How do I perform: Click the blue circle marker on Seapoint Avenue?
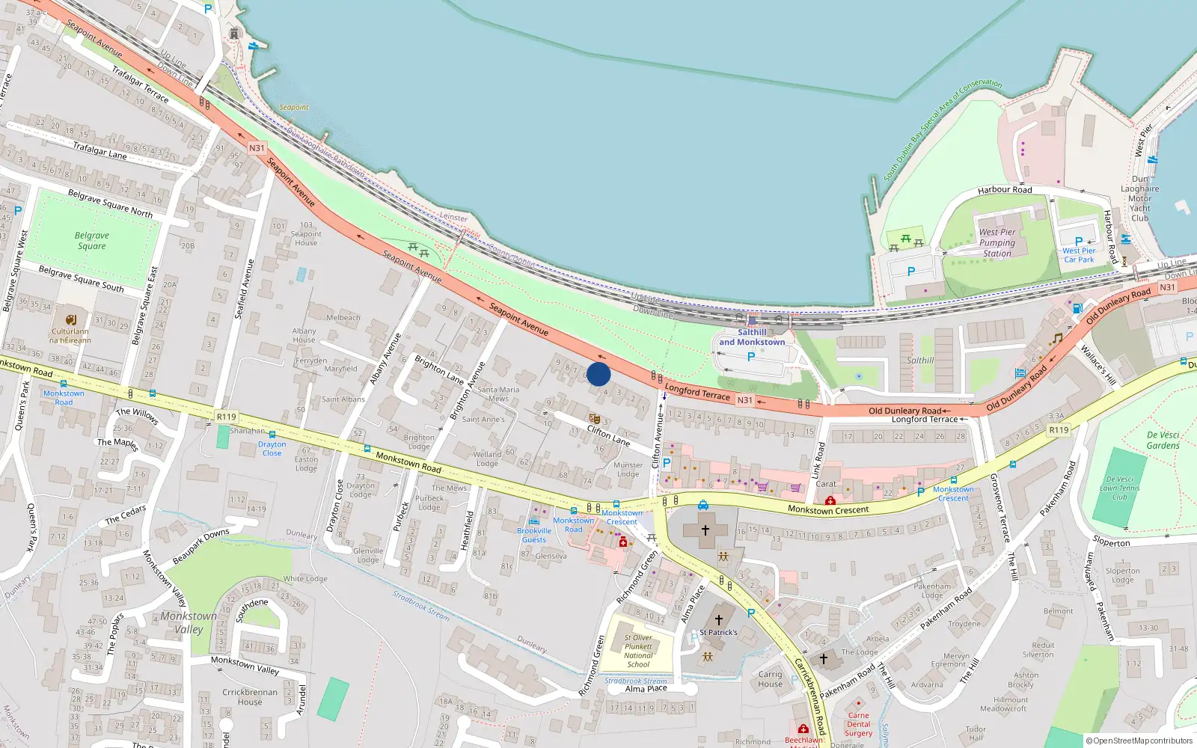[598, 374]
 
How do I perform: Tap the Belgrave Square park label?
[91, 241]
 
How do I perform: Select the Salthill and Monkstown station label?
[752, 337]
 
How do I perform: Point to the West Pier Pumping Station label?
[997, 242]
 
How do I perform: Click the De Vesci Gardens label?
[1163, 440]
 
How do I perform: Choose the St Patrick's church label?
[718, 632]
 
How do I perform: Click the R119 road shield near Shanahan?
[226, 417]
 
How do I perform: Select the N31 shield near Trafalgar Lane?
[257, 148]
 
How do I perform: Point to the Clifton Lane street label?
[608, 435]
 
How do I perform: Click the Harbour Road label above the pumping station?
[1004, 190]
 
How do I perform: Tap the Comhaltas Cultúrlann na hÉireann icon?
[70, 319]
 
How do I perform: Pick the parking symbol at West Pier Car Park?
[1078, 241]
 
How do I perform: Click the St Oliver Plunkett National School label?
[638, 651]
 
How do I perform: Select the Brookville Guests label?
[534, 535]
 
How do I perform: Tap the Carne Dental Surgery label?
[858, 724]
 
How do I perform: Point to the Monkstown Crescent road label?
[828, 510]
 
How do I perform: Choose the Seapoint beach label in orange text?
[293, 107]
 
